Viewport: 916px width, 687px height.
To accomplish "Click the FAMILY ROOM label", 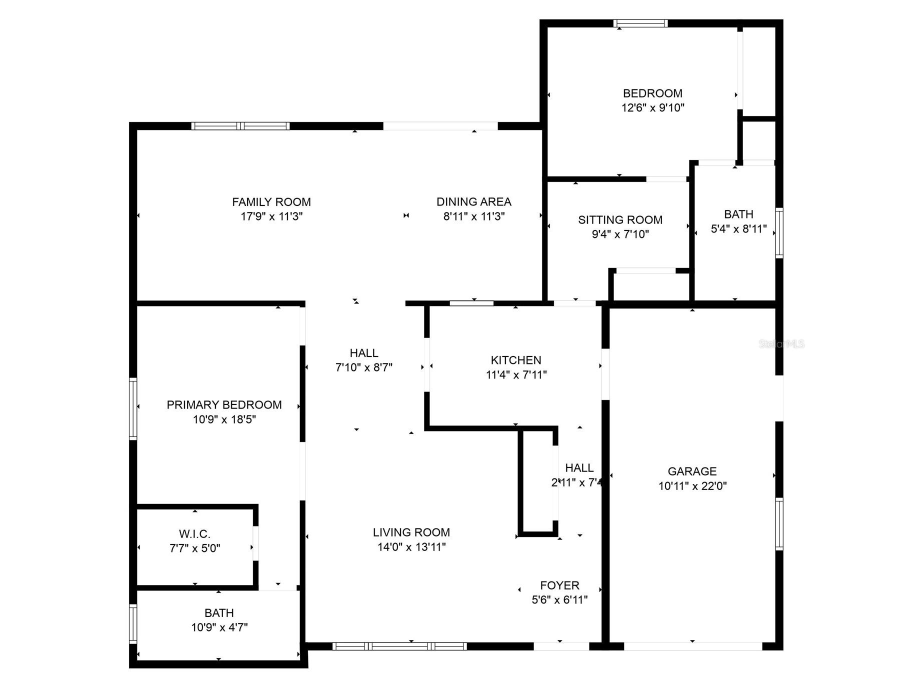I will pos(271,202).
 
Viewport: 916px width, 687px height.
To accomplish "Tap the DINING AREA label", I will pos(473,201).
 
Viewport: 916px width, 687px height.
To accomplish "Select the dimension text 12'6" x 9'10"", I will pos(652,107).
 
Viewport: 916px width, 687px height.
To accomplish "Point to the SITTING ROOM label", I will pos(620,219).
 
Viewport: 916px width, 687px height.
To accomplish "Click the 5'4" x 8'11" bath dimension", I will pos(738,229).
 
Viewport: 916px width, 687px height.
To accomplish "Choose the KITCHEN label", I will pos(516,360).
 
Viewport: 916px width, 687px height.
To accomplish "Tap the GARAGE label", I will pos(692,471).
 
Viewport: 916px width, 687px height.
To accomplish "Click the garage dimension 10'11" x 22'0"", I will pos(692,485).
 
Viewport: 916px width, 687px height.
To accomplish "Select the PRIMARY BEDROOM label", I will pos(224,404).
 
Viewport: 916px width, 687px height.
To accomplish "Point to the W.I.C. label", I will pos(194,534).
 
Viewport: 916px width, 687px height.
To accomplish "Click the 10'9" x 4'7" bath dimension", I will pos(219,627).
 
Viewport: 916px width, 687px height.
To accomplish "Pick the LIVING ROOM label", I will pos(411,532).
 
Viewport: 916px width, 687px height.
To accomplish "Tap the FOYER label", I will pos(559,585).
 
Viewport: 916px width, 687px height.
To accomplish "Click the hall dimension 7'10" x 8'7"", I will pos(363,367).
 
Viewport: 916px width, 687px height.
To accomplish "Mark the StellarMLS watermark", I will pos(781,344).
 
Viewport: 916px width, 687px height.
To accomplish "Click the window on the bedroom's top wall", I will pos(640,23).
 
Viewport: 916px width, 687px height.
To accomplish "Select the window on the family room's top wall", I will pos(240,126).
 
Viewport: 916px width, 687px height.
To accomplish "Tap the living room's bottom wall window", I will pos(399,646).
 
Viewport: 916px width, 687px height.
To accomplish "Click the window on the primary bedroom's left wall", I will pos(133,408).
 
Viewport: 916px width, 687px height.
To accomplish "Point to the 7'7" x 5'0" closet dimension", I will pos(194,548).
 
